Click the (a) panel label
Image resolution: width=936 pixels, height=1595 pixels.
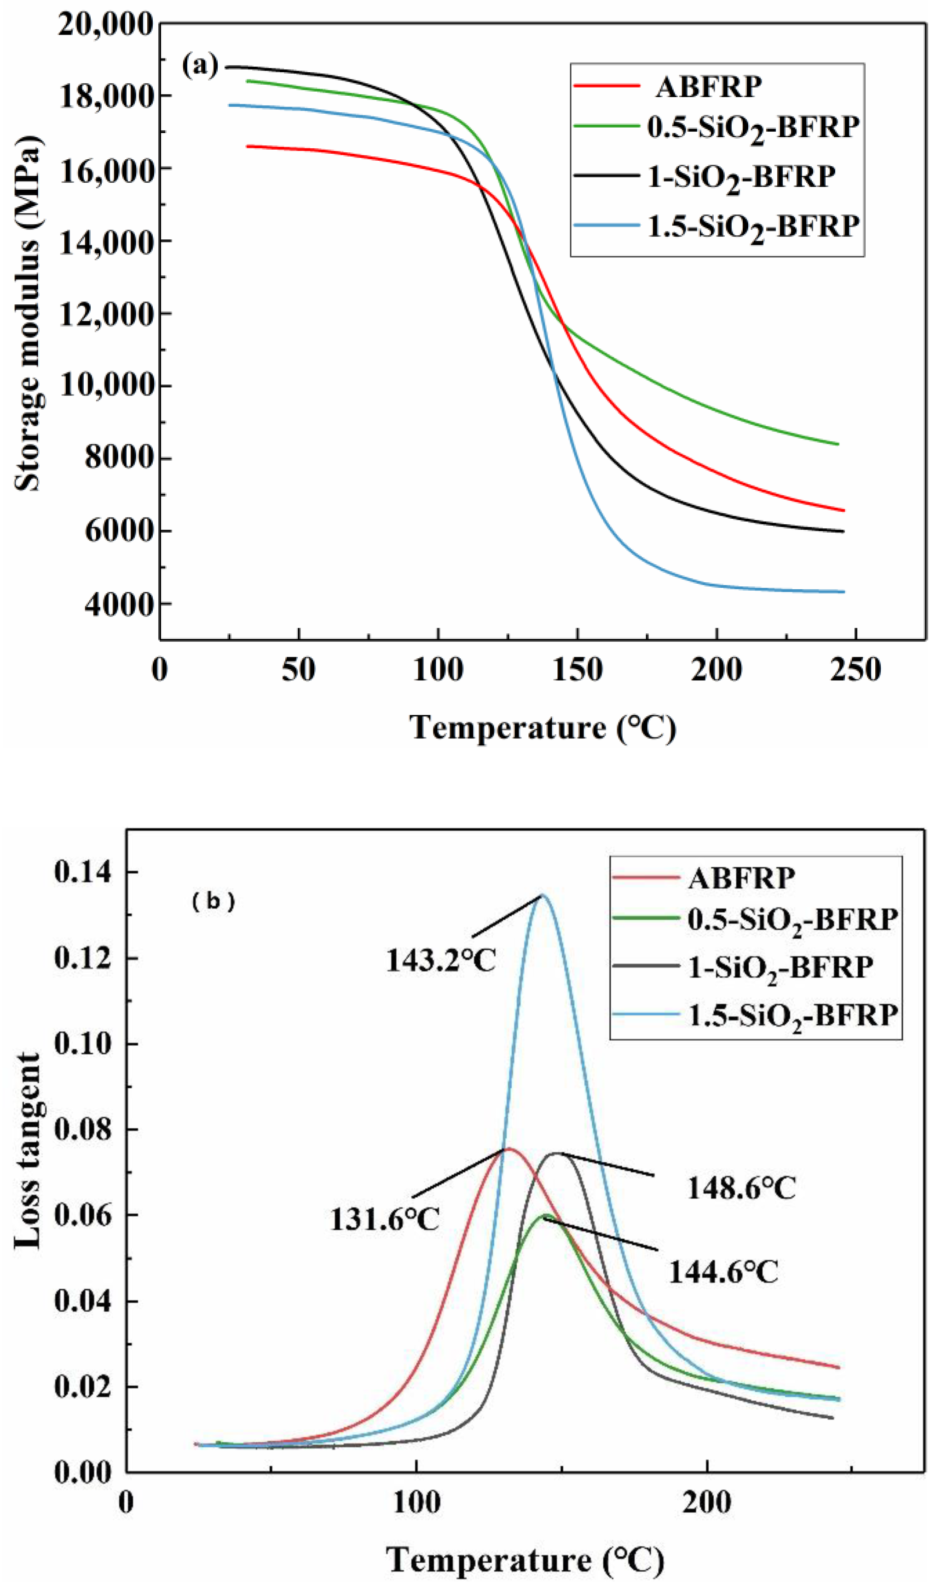[x=200, y=65]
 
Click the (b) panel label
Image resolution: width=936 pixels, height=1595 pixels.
[x=213, y=901]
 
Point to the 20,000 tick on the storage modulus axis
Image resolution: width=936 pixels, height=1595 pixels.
[x=106, y=25]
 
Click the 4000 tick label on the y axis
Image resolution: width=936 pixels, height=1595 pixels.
[x=120, y=604]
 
